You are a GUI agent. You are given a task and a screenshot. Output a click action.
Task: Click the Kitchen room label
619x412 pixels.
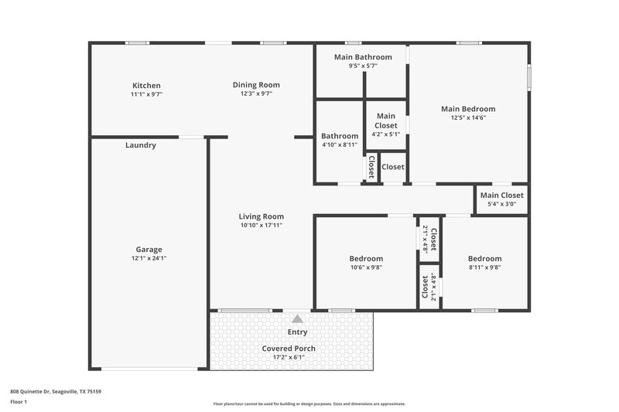point(146,85)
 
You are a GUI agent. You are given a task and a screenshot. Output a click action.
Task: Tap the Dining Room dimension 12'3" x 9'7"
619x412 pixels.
point(256,94)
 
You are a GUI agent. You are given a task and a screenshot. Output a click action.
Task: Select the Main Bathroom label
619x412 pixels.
point(362,57)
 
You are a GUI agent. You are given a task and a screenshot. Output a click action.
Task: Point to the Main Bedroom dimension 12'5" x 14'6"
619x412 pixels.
point(467,118)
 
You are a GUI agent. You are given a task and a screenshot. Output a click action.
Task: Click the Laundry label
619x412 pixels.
point(141,145)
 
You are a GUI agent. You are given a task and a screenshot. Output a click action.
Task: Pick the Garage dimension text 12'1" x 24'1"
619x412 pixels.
point(149,258)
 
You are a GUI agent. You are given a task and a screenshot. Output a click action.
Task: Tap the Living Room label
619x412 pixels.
point(262,216)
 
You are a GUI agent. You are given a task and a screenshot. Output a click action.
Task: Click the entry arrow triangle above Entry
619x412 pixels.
point(297,318)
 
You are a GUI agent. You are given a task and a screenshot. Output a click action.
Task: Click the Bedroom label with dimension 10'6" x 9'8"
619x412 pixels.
point(366,258)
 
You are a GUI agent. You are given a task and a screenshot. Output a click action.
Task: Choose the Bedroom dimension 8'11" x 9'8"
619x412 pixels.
point(484,267)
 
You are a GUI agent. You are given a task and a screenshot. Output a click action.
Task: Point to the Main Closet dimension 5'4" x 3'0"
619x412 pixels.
point(501,205)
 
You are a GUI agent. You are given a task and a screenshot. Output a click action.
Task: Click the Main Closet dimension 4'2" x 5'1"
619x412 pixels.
point(385,134)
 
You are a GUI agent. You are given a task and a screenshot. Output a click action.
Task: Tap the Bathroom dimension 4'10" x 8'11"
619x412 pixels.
point(340,145)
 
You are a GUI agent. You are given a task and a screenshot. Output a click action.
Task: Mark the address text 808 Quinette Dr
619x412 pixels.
point(56,391)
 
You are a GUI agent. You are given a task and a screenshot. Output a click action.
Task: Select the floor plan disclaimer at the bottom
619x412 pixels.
point(309,403)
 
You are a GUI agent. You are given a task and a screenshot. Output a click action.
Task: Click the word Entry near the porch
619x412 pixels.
point(297,332)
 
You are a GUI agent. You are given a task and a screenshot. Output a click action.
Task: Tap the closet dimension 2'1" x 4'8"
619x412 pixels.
point(426,238)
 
